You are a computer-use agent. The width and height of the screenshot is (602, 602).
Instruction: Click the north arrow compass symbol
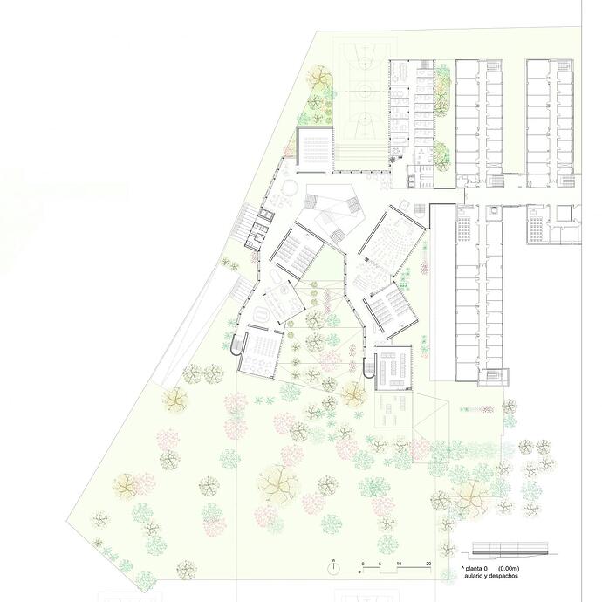pos(334,566)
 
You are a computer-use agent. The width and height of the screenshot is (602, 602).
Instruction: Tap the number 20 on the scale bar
pos(428,564)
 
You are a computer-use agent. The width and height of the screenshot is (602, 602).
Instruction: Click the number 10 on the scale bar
pos(399,564)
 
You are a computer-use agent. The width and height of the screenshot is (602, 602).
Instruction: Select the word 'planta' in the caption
pos(474,569)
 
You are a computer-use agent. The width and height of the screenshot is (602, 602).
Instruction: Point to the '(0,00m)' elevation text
pos(509,569)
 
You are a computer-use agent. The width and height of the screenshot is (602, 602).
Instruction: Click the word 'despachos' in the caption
pos(504,576)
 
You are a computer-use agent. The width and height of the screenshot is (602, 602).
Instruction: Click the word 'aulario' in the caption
pos(474,576)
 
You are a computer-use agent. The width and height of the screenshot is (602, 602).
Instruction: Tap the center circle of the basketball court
pos(363,91)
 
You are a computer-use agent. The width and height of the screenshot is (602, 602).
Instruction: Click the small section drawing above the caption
pos(510,549)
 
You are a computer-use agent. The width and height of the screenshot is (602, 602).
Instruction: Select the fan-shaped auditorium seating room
pos(393,240)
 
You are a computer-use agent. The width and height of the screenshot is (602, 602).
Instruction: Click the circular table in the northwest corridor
pos(289,188)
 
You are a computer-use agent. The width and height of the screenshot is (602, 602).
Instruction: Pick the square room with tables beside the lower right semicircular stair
pos(393,367)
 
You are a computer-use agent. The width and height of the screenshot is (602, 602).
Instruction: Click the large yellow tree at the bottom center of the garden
pos(278,485)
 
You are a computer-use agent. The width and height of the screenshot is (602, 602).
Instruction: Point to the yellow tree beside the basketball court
pos(318,77)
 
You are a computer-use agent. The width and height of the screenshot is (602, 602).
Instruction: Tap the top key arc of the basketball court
pos(363,62)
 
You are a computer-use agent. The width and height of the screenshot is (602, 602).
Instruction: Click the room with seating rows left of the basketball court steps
pos(314,150)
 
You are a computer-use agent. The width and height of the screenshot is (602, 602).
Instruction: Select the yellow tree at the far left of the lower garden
pos(125,486)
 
